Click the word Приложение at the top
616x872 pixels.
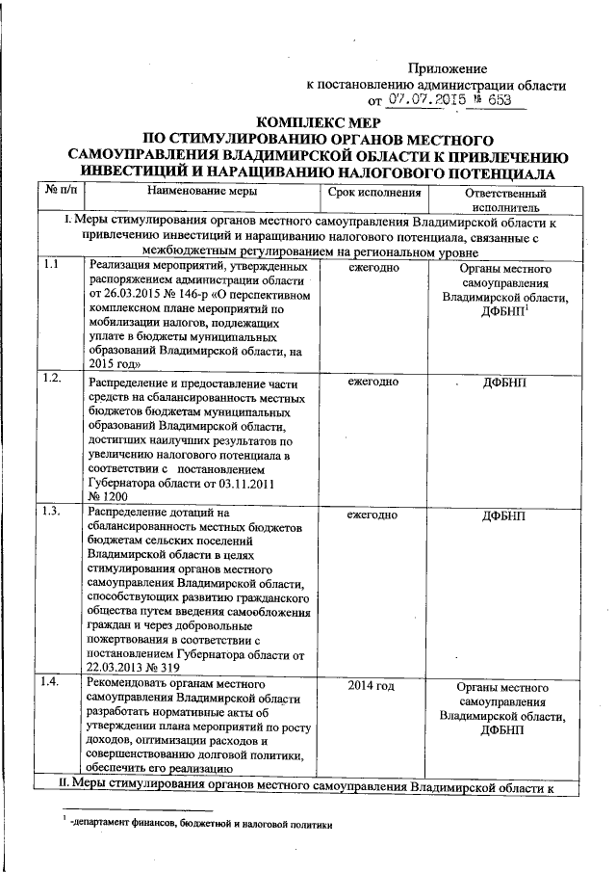(x=448, y=68)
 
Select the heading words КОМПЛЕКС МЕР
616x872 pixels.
(x=318, y=122)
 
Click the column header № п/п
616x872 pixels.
(x=61, y=192)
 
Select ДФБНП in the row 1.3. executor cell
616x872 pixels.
(x=505, y=516)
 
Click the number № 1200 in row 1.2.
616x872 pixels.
(x=107, y=491)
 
